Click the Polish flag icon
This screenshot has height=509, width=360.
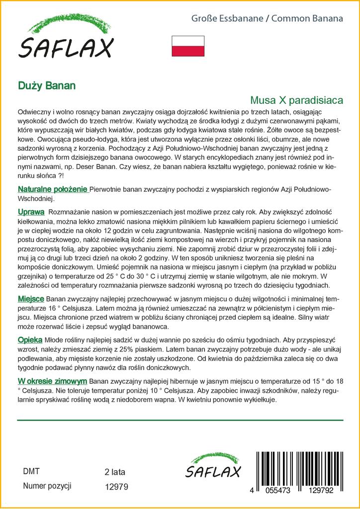188,46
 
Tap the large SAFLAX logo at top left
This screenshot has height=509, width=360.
66,40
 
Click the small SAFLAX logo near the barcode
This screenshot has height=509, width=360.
213,467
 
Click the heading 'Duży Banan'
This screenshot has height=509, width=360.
47,85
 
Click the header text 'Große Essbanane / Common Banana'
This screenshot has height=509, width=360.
268,19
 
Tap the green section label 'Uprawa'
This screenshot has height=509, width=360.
31,212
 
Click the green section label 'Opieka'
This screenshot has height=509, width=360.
30,340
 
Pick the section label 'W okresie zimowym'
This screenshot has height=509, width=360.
52,381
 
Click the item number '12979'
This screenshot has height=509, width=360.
117,487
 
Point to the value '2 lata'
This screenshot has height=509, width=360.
115,472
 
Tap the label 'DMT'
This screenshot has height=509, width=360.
31,472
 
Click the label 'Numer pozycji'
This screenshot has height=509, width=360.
48,486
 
